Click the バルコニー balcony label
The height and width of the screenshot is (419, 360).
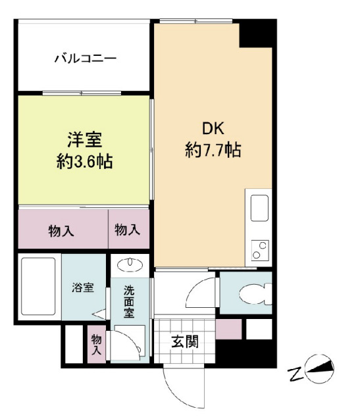click(x=85, y=59)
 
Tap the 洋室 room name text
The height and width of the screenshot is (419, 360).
click(x=84, y=139)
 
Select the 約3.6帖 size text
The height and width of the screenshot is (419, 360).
click(x=84, y=160)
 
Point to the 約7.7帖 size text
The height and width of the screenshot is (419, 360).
click(x=213, y=151)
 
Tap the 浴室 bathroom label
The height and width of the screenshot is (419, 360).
click(x=82, y=287)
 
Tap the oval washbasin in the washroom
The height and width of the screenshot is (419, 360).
click(x=131, y=265)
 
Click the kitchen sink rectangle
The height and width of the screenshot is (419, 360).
click(x=259, y=209)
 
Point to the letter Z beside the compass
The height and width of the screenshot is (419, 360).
click(x=294, y=375)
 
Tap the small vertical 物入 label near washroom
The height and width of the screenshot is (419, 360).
click(x=97, y=345)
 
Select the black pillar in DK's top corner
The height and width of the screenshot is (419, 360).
click(x=255, y=33)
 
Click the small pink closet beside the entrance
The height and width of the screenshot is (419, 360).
click(x=228, y=328)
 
